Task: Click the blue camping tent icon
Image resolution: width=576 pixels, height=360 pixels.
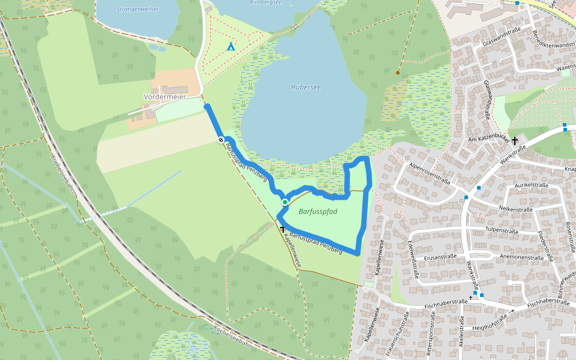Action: click(x=231, y=46)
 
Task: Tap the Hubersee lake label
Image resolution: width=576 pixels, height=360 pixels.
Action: click(x=305, y=87)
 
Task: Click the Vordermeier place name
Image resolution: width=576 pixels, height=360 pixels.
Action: click(x=165, y=96)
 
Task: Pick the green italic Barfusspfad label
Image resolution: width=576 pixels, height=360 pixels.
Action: click(x=318, y=211)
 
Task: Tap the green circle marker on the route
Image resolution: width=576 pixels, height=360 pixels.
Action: click(x=284, y=202)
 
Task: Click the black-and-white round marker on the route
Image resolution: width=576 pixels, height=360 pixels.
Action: click(x=221, y=140)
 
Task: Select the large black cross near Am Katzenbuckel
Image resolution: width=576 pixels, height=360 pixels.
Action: click(x=515, y=140)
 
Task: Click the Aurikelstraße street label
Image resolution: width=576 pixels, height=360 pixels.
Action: click(x=528, y=185)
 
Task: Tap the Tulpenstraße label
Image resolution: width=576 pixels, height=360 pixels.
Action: click(x=501, y=230)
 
